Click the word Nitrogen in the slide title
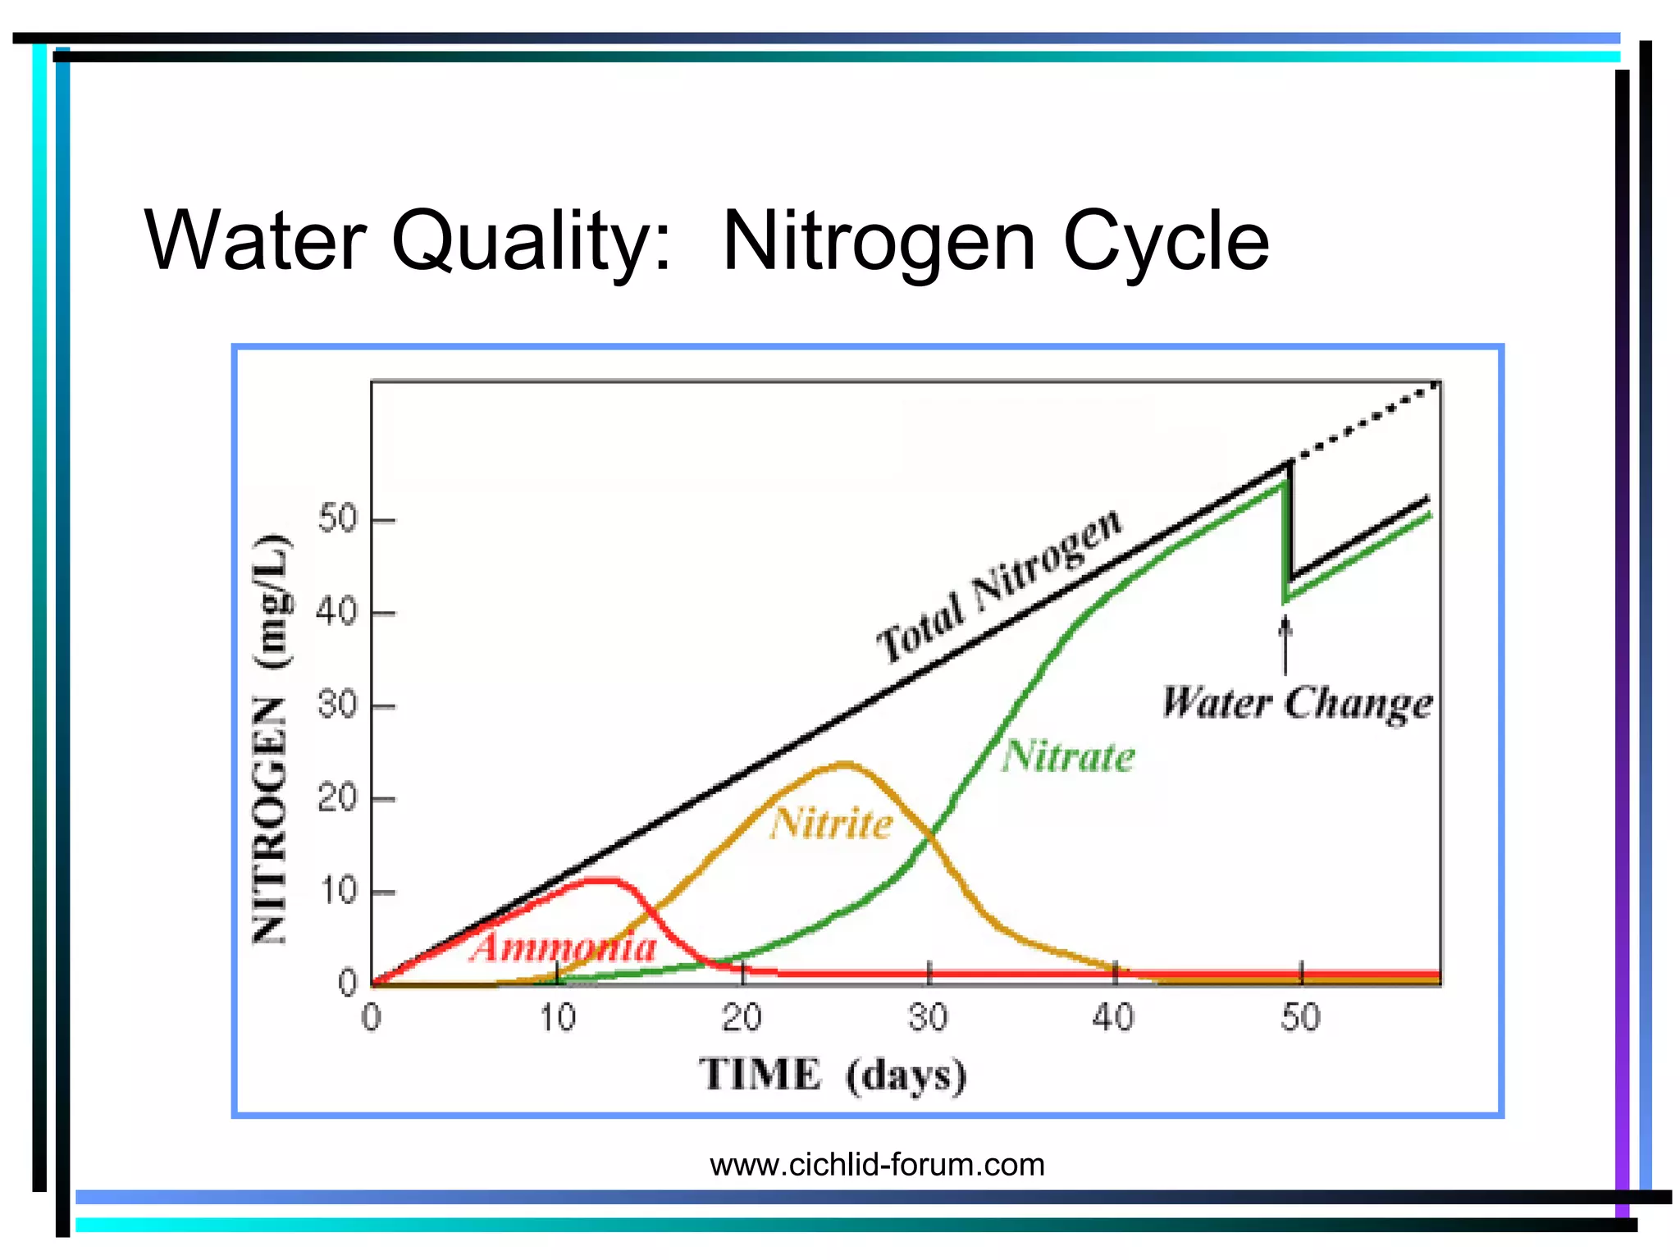click(x=879, y=242)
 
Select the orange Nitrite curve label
click(x=831, y=823)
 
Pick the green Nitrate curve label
click(x=1068, y=756)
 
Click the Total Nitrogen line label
click(x=998, y=584)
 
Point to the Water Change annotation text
click(x=1297, y=704)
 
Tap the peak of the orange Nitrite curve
click(x=845, y=765)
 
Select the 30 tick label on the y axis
click(x=338, y=705)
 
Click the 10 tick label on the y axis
click(x=338, y=892)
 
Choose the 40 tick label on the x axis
click(x=1114, y=1018)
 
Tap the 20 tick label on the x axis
click(x=742, y=1018)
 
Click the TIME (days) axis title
click(x=833, y=1075)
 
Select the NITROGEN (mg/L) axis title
click(x=271, y=738)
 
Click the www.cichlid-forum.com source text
click(x=877, y=1165)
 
